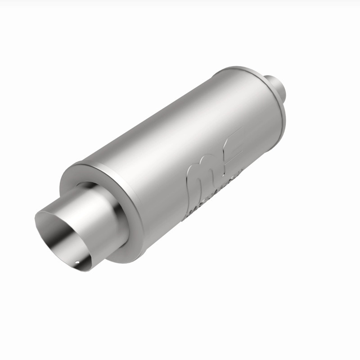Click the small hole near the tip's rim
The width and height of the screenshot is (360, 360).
(x=77, y=262)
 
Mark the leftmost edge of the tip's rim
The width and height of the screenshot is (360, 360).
(x=36, y=220)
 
